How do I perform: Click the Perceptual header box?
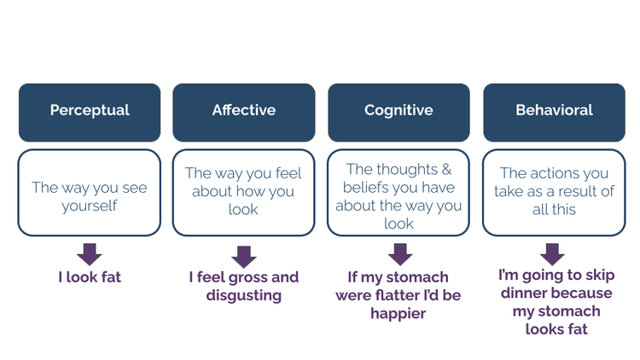tap(90, 112)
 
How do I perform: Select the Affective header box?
tap(244, 112)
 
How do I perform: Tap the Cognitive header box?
tap(399, 112)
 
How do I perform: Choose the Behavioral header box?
tap(554, 112)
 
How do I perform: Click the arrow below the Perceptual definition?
tap(89, 253)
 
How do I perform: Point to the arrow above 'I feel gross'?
tap(244, 256)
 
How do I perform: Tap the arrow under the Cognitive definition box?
tap(399, 253)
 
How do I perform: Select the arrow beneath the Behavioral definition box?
tap(553, 253)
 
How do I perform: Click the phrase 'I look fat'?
tap(90, 277)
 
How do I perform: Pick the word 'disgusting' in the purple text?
tap(244, 296)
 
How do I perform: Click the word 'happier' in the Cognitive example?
tap(399, 314)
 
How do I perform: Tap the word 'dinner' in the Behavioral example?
tap(524, 293)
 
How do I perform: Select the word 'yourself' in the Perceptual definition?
tap(90, 206)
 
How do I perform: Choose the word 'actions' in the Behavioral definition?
tap(558, 173)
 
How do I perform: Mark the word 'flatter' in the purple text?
tap(419, 295)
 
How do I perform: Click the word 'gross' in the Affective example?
tap(247, 277)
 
